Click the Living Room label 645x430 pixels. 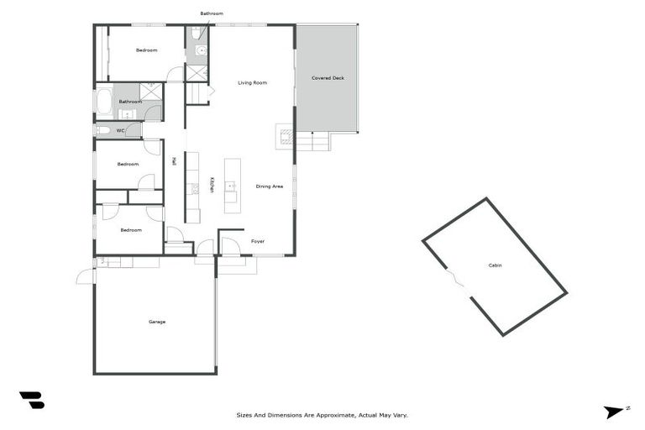tap(252, 82)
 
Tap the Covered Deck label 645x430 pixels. tap(328, 78)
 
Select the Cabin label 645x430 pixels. tap(496, 265)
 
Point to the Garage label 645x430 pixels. tap(157, 322)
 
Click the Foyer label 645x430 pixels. tap(258, 241)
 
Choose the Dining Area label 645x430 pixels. tap(270, 186)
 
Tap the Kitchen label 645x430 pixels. tap(212, 185)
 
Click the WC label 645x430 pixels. tap(120, 130)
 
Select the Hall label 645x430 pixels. tap(174, 160)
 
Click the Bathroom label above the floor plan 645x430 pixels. tap(212, 13)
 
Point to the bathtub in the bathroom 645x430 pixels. tap(104, 102)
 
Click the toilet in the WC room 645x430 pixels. tap(103, 130)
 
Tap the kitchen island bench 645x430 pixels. tap(232, 186)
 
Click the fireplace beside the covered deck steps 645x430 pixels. tap(284, 135)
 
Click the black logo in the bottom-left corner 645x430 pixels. tap(32, 401)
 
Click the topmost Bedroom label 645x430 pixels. tap(147, 50)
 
